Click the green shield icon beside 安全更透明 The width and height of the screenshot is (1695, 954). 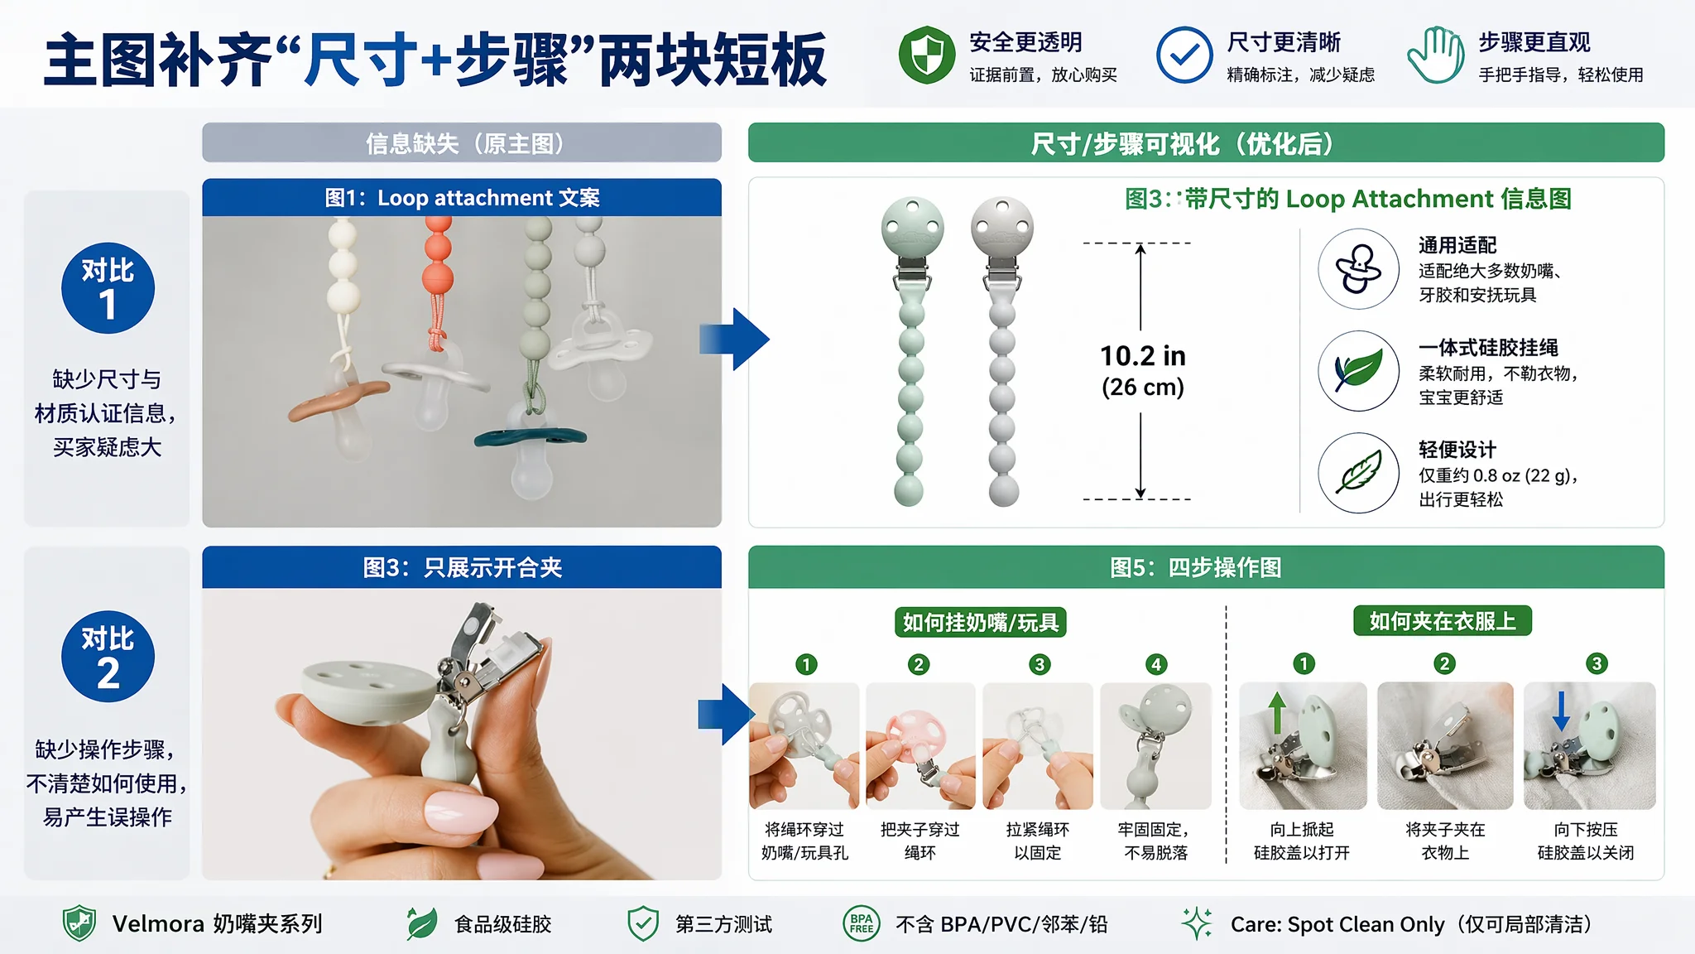pyautogui.click(x=927, y=55)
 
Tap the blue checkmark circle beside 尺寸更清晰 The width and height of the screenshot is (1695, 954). pyautogui.click(x=1184, y=55)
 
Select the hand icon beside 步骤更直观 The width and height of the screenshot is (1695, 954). pyautogui.click(x=1436, y=55)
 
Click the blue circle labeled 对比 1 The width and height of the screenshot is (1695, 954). pyautogui.click(x=108, y=287)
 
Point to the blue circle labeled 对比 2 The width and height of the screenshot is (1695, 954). pyautogui.click(x=108, y=656)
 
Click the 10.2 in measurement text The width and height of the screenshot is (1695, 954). pyautogui.click(x=1143, y=356)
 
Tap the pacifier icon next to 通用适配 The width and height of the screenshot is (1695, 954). pyautogui.click(x=1358, y=269)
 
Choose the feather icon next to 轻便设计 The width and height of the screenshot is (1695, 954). pyautogui.click(x=1358, y=473)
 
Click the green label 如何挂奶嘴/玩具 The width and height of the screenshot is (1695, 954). pyautogui.click(x=981, y=622)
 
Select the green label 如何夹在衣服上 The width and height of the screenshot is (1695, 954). pyautogui.click(x=1443, y=620)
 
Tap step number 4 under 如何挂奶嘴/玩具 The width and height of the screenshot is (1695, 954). pyautogui.click(x=1156, y=664)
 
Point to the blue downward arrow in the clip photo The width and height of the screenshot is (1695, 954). pyautogui.click(x=1561, y=711)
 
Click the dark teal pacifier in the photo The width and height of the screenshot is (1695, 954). pyautogui.click(x=531, y=438)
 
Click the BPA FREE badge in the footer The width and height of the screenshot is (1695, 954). pyautogui.click(x=861, y=923)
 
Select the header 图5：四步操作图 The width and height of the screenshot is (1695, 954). pyautogui.click(x=1195, y=567)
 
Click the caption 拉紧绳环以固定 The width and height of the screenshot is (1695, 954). pyautogui.click(x=1037, y=841)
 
